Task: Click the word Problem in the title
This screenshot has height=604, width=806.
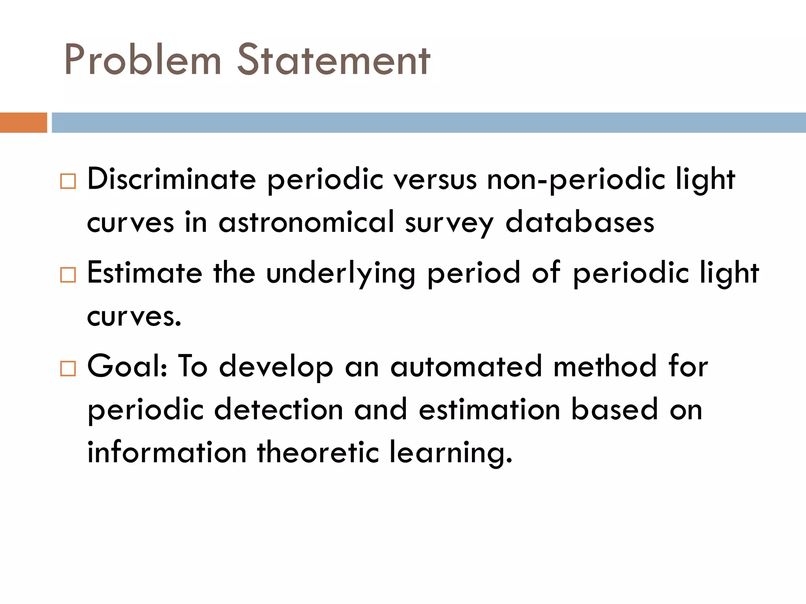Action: click(142, 60)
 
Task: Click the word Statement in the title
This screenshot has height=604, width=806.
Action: click(333, 60)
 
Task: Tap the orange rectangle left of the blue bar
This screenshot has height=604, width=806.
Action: click(23, 122)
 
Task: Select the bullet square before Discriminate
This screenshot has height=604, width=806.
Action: click(68, 182)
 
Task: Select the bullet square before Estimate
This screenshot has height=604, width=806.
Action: click(68, 275)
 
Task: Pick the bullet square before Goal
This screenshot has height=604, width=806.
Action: click(68, 368)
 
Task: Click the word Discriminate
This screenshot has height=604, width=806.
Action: click(172, 179)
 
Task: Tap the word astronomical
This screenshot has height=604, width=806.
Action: click(306, 222)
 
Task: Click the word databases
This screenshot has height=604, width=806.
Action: click(580, 222)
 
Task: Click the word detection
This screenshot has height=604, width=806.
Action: click(279, 409)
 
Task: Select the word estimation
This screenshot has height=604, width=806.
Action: click(489, 409)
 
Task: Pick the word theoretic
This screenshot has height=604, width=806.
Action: click(318, 452)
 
